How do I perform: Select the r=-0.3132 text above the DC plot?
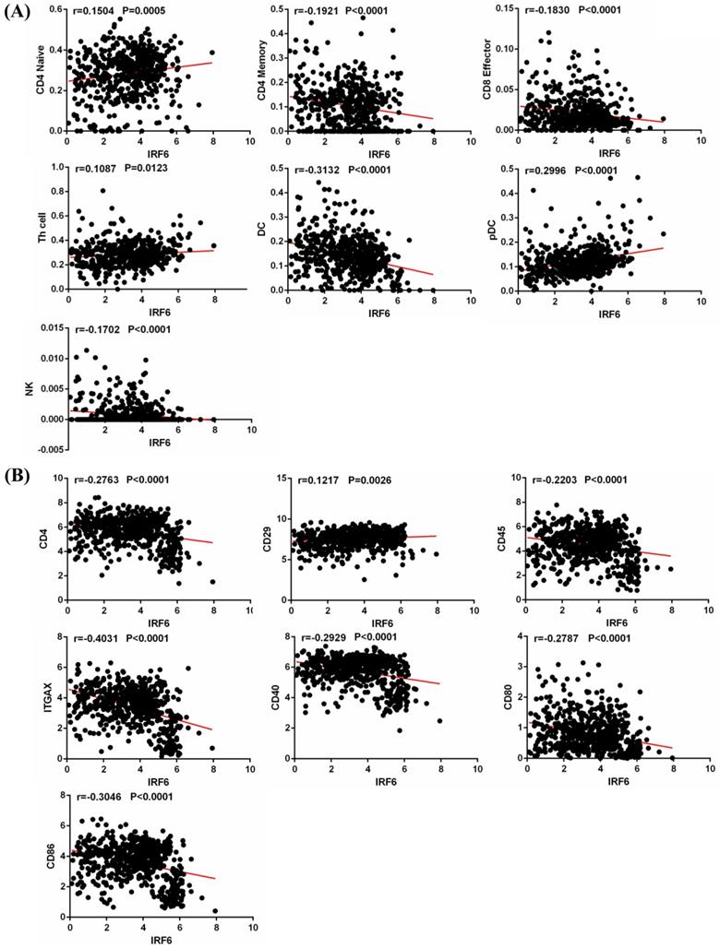(316, 170)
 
